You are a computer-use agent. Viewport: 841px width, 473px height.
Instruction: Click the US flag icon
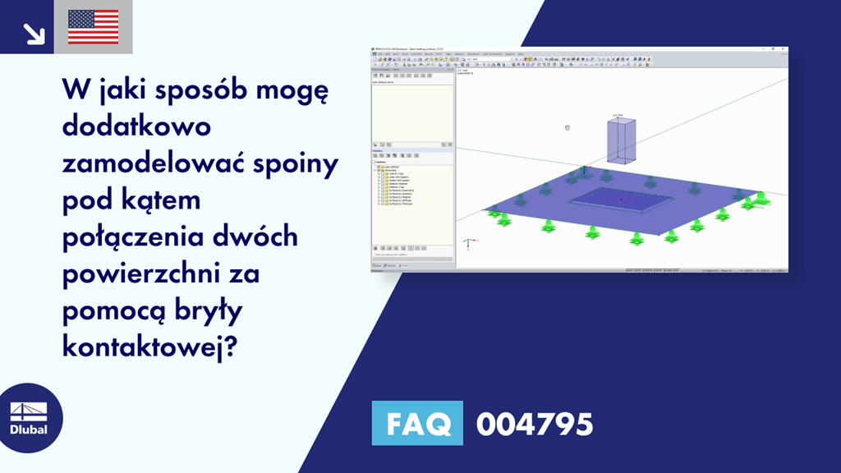(x=93, y=27)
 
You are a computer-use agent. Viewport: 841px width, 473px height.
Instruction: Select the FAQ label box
(x=417, y=424)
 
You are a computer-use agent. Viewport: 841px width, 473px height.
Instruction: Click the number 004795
(x=534, y=425)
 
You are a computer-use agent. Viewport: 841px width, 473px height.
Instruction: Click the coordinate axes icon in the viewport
(x=467, y=243)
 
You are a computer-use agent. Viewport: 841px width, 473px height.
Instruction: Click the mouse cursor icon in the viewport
(x=568, y=127)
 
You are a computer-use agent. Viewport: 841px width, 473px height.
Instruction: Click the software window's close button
(x=784, y=51)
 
